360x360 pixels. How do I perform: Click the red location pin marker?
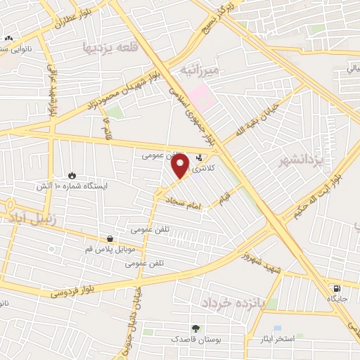(x=181, y=166)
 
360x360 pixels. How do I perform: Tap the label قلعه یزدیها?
(x=108, y=46)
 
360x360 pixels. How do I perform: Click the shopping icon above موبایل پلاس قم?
(x=110, y=240)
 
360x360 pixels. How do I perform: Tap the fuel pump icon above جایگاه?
(x=337, y=288)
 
